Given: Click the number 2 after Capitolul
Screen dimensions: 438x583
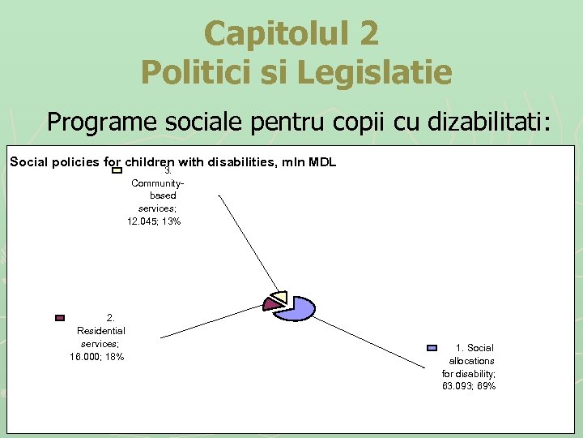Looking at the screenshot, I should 367,33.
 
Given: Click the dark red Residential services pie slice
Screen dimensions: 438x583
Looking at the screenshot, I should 269,303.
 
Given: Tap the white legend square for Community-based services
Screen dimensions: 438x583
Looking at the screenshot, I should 117,170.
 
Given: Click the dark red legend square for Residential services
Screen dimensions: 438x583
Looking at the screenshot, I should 59,318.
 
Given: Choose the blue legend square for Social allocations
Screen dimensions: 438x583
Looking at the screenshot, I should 432,348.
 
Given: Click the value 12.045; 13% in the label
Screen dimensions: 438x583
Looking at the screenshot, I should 154,221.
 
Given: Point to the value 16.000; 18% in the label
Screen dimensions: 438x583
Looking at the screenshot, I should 97,357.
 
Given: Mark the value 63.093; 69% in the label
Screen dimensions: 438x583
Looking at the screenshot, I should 469,386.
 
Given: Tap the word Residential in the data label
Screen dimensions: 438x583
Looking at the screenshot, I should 101,331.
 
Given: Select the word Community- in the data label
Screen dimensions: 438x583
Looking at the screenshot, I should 152,182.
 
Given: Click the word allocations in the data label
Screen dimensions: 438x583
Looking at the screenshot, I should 471,360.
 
